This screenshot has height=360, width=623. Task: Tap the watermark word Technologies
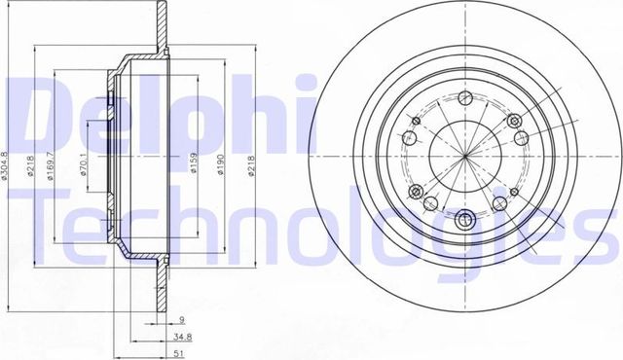click(x=321, y=229)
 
